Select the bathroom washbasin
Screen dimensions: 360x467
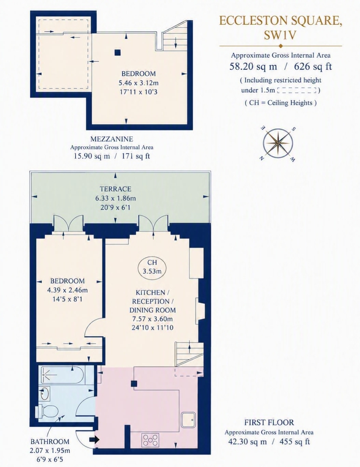click(x=45, y=392)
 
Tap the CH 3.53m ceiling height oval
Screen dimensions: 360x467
click(x=152, y=267)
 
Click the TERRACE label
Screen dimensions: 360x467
click(x=115, y=189)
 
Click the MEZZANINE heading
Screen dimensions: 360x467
click(x=112, y=139)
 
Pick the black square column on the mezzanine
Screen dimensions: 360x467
click(x=117, y=53)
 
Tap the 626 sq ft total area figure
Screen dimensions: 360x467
click(x=313, y=67)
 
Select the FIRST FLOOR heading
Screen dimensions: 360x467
click(x=269, y=422)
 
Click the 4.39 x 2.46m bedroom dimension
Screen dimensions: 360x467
click(x=67, y=290)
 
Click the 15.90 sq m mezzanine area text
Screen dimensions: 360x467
click(x=92, y=156)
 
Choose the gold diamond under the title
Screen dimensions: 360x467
click(x=280, y=46)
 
